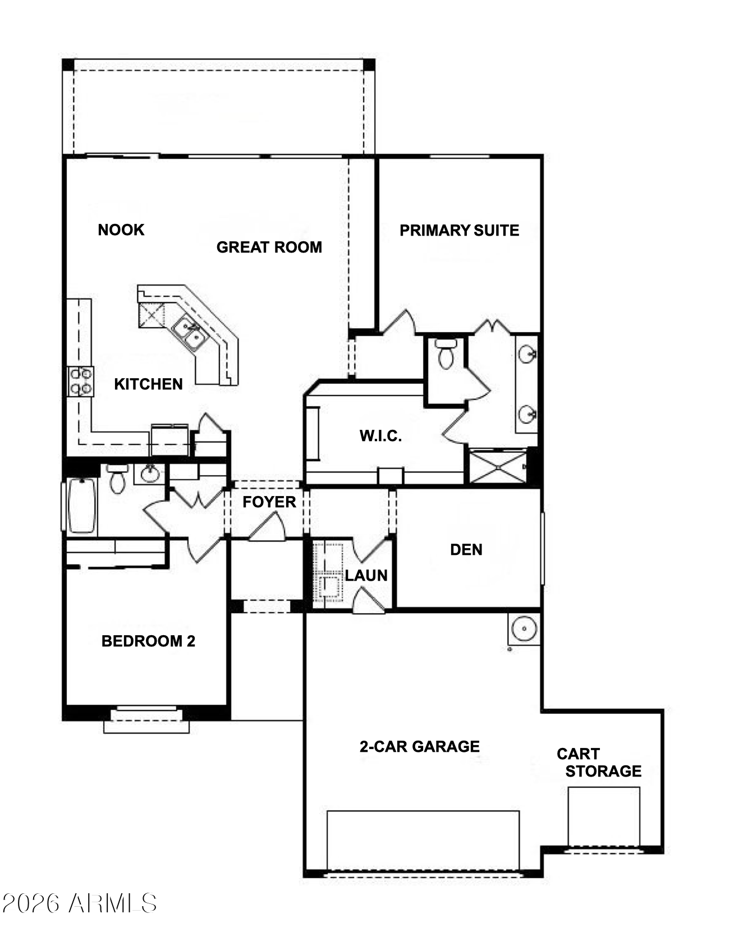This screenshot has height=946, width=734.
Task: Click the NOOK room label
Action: pyautogui.click(x=121, y=229)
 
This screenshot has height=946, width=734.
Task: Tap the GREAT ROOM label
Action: pyautogui.click(x=269, y=247)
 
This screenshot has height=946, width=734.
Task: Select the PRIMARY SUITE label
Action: pyautogui.click(x=459, y=230)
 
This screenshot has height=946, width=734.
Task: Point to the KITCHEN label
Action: pyautogui.click(x=148, y=384)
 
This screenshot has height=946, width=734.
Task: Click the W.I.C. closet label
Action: pyautogui.click(x=380, y=436)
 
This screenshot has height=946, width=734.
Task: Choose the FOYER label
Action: pyautogui.click(x=269, y=502)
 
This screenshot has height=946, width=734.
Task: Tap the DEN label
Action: pyautogui.click(x=466, y=549)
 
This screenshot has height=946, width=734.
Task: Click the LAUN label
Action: pyautogui.click(x=366, y=575)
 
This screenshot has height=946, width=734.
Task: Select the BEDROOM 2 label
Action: pyautogui.click(x=148, y=641)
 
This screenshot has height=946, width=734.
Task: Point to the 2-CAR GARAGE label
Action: pyautogui.click(x=420, y=746)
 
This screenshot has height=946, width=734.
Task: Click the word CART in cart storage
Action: pyautogui.click(x=578, y=754)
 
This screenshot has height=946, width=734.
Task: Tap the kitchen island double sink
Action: pyautogui.click(x=189, y=333)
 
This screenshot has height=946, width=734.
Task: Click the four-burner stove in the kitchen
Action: pyautogui.click(x=81, y=381)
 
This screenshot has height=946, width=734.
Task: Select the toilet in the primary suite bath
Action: pyautogui.click(x=446, y=354)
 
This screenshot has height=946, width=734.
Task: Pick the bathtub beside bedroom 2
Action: pyautogui.click(x=81, y=506)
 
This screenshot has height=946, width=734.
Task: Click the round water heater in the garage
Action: pyautogui.click(x=524, y=629)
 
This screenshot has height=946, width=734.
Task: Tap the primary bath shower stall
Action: pyautogui.click(x=498, y=466)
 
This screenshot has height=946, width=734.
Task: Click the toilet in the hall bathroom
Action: pyautogui.click(x=117, y=479)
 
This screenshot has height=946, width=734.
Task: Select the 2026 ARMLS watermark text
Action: pyautogui.click(x=79, y=903)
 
